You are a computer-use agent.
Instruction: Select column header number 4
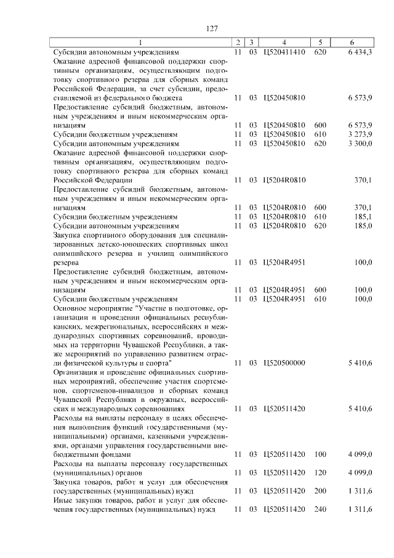pos(284,43)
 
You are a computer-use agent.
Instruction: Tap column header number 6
pos(352,43)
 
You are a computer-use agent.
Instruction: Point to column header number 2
pos(238,43)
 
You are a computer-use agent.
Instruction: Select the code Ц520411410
pos(284,52)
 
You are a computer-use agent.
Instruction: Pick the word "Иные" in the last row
pos(63,500)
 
